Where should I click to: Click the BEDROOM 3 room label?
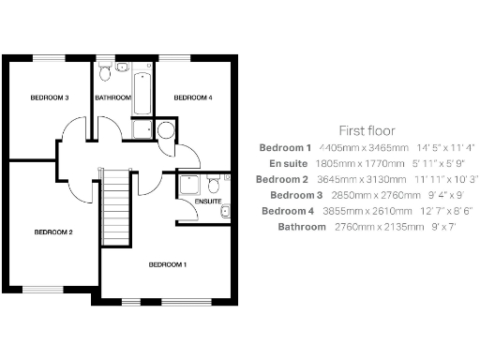coord(49,98)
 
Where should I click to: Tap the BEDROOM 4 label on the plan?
coord(193,98)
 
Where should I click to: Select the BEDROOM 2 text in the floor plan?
coord(53,232)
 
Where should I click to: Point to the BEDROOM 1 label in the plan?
coord(168,265)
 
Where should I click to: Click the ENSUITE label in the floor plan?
coord(208,202)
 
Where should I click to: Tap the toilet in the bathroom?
coord(105,69)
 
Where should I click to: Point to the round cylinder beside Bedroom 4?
coord(165,129)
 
